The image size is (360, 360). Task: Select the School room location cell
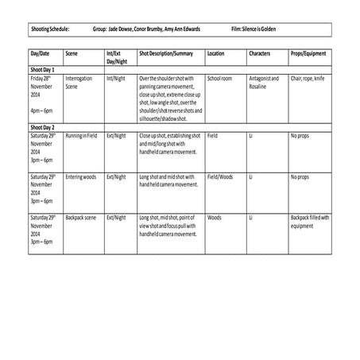coord(219,79)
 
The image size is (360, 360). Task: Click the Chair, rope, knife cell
coord(308,79)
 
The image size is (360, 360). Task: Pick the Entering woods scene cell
coord(81,176)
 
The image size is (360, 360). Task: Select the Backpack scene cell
coord(81,217)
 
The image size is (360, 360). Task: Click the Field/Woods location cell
coord(220,176)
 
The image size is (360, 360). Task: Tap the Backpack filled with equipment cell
coord(309,220)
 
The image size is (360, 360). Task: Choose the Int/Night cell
coord(117,79)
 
